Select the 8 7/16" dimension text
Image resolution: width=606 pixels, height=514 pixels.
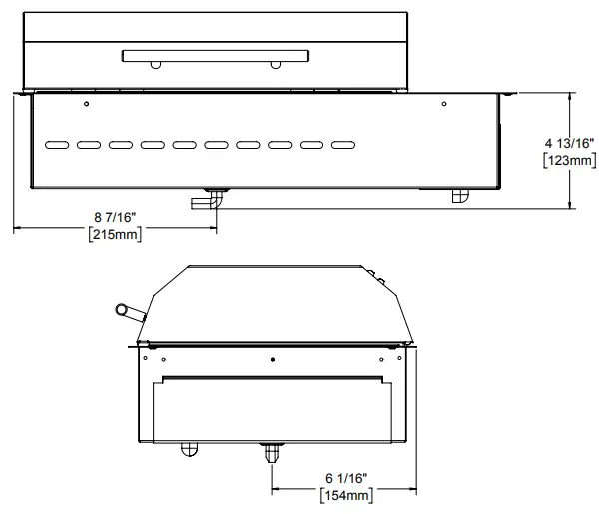coord(115,217)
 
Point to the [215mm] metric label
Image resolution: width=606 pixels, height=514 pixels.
coord(114,236)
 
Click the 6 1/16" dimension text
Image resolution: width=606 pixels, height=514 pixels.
coord(345,477)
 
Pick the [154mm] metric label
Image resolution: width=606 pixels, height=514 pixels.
coord(346,495)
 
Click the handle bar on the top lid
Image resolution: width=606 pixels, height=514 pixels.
coord(214,55)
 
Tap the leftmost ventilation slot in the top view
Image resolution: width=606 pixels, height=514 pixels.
coord(58,145)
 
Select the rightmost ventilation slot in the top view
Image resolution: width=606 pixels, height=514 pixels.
coord(341,145)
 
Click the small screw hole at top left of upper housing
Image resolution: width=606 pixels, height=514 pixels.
coord(87,104)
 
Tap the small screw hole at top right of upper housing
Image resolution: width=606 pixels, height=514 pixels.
coord(444,104)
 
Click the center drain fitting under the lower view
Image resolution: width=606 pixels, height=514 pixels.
coord(271,452)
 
